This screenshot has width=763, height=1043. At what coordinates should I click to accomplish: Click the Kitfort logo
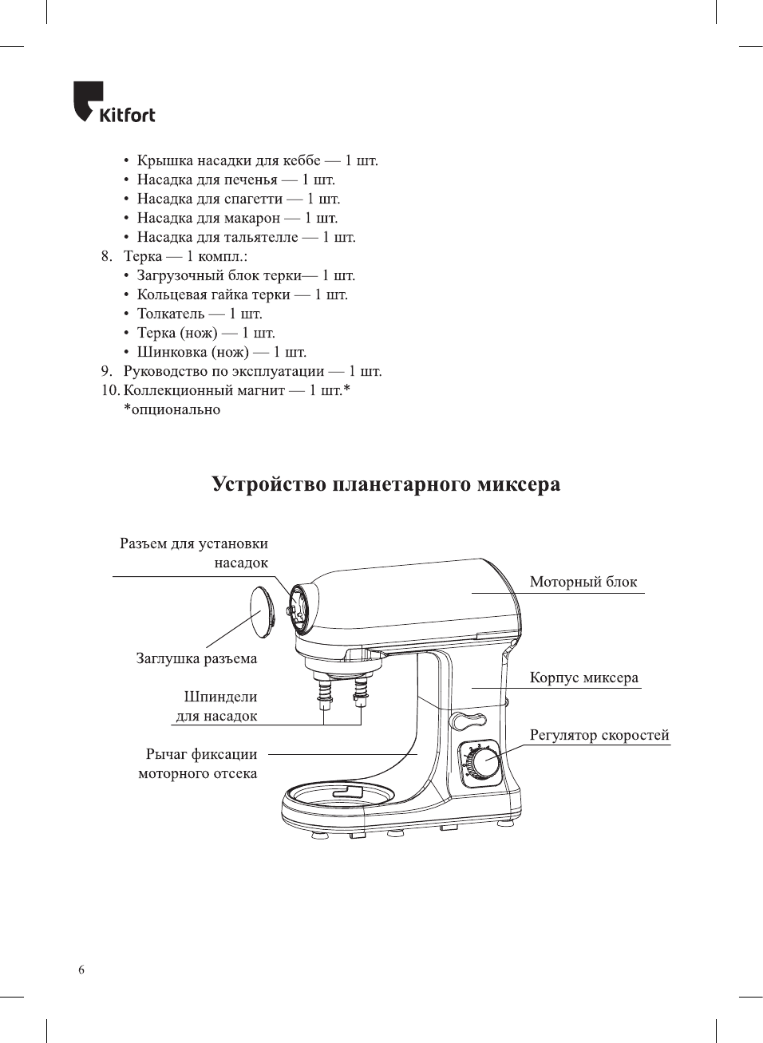114,104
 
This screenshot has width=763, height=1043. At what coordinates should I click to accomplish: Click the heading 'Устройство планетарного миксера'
385,484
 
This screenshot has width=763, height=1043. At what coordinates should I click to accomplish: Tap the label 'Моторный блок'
583,582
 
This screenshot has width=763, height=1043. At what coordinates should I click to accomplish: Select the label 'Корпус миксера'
583,678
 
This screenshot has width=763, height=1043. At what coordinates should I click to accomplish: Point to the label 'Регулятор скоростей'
599,735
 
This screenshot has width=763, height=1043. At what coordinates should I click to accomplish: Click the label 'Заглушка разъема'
196,658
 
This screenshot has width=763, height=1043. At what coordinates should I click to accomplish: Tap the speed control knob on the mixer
482,763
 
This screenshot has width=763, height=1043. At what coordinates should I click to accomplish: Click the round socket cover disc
263,612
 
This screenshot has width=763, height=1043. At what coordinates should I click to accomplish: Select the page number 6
81,970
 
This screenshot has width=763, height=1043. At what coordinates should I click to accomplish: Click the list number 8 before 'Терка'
106,256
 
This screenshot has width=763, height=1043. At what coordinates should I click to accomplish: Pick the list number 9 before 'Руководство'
106,371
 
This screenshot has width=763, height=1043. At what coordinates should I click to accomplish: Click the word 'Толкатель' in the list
171,314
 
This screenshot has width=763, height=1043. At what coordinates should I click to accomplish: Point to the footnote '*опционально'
172,409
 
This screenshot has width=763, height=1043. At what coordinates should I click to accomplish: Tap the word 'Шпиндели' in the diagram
220,697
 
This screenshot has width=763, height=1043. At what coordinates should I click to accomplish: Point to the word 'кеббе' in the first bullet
301,160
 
